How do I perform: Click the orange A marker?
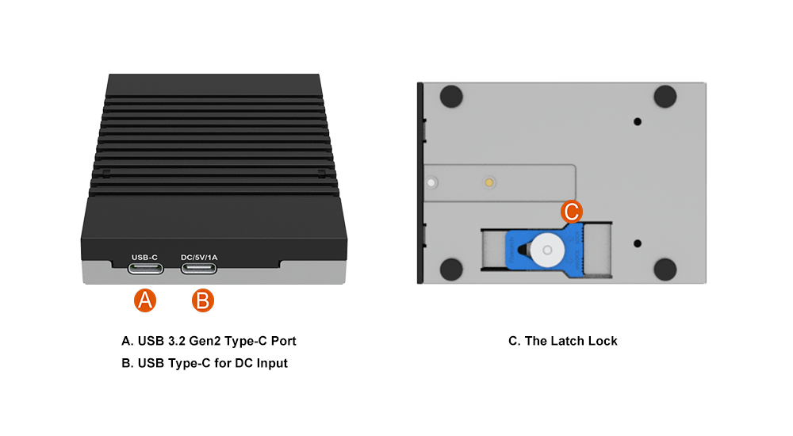[144, 300]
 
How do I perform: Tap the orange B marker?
[203, 300]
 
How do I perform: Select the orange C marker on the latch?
[572, 212]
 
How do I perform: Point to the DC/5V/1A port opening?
[199, 268]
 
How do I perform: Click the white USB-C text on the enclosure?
[145, 257]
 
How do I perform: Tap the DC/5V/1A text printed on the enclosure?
[199, 257]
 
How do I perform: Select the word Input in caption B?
[270, 364]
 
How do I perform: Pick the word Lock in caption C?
[603, 342]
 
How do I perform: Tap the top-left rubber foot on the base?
[450, 97]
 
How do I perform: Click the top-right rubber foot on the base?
[665, 97]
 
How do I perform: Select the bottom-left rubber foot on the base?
[450, 269]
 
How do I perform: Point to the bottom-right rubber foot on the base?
[665, 269]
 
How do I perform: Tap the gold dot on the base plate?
[490, 182]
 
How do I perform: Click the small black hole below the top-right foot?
[638, 121]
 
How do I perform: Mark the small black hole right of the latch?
[638, 243]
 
